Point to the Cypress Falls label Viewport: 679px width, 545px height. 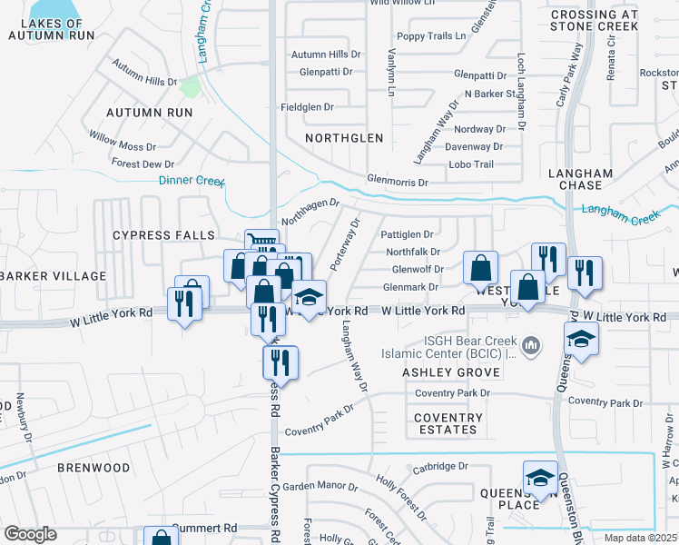(154, 235)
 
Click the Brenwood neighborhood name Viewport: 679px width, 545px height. (94, 468)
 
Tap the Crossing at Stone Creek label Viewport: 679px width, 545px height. (594, 21)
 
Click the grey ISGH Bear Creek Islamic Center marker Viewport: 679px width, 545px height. (532, 343)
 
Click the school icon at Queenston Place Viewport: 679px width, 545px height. (540, 478)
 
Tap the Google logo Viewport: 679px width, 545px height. (31, 534)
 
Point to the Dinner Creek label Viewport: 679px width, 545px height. (192, 181)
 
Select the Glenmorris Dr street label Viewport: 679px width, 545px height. (397, 182)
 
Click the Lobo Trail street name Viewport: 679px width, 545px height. (471, 164)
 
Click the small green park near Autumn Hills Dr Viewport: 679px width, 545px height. (190, 87)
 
